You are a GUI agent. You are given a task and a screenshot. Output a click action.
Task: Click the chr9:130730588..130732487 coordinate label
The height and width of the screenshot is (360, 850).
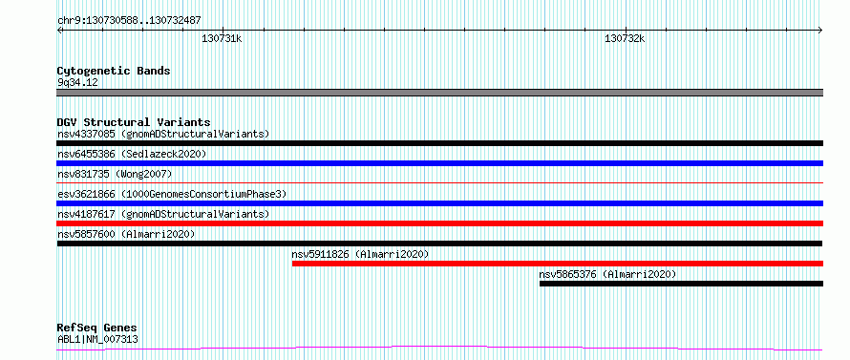click(130, 21)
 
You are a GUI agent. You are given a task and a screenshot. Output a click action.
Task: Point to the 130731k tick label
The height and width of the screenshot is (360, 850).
click(222, 38)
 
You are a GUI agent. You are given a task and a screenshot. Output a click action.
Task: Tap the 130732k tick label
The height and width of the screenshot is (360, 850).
click(625, 38)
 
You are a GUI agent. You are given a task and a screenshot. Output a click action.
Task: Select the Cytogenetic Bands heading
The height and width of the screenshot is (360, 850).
click(114, 71)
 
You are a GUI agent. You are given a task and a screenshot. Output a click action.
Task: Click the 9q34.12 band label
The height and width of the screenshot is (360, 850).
click(77, 82)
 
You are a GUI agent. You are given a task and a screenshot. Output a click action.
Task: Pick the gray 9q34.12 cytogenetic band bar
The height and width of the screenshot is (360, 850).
click(439, 93)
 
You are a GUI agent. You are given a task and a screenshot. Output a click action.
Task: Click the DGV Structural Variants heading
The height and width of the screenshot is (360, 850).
click(134, 122)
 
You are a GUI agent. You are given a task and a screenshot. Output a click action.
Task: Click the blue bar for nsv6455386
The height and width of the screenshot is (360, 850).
click(439, 163)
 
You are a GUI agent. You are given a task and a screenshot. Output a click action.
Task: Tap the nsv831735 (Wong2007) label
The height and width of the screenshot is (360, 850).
click(115, 174)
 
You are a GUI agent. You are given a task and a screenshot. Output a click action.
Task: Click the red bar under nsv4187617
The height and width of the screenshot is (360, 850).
click(439, 223)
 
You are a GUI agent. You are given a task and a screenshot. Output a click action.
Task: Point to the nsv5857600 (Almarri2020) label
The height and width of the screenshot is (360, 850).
click(126, 234)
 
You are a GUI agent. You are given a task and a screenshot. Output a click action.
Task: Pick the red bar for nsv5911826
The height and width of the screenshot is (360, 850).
click(557, 264)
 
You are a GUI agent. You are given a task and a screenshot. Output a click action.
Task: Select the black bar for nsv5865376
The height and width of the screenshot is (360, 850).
click(681, 284)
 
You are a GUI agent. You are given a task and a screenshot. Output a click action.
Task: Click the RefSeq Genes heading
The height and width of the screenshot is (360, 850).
click(97, 328)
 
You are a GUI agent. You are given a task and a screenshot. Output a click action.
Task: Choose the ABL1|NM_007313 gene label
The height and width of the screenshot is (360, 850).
click(97, 339)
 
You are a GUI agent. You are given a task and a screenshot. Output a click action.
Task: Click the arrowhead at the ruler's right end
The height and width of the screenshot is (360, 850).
click(821, 30)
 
